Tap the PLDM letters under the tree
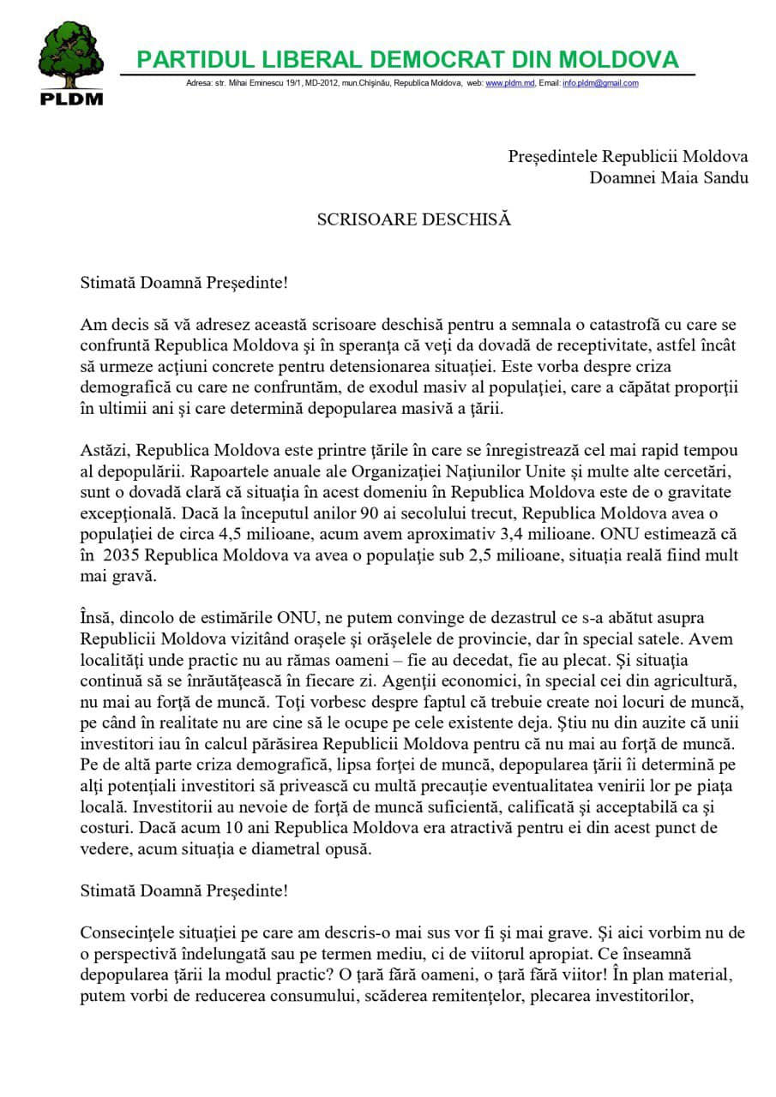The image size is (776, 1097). click(x=71, y=98)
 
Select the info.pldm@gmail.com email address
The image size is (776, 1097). click(x=600, y=83)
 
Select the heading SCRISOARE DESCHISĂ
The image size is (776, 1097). click(x=413, y=219)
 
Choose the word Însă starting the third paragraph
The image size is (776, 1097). click(x=95, y=618)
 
